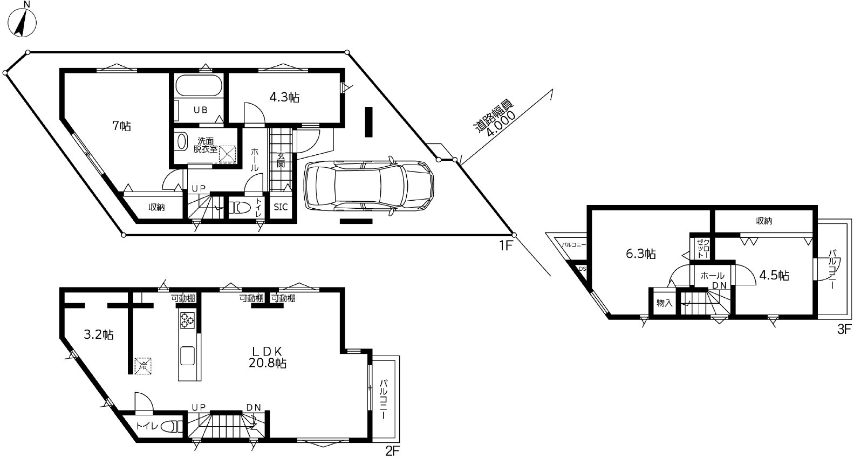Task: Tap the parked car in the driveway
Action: click(x=368, y=186)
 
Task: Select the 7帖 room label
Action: click(x=121, y=126)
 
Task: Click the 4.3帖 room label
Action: click(x=284, y=98)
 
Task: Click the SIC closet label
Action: click(x=281, y=207)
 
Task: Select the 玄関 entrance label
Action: click(x=281, y=160)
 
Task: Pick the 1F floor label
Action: click(x=505, y=246)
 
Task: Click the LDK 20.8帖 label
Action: click(x=268, y=357)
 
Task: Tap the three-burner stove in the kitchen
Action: click(x=187, y=320)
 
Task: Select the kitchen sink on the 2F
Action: click(x=188, y=356)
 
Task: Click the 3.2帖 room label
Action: click(x=98, y=335)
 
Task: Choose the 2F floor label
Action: click(x=392, y=452)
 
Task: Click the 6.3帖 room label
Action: click(x=640, y=254)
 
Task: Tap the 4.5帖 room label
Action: click(x=774, y=275)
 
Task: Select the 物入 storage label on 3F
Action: click(x=664, y=303)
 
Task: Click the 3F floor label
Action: click(x=844, y=329)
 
